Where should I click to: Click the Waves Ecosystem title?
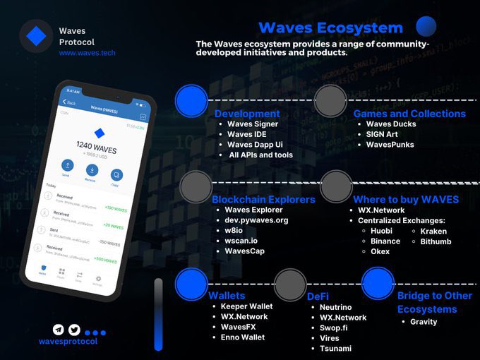click(x=330, y=28)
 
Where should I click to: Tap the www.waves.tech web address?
click(x=87, y=53)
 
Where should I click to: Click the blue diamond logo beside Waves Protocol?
click(x=36, y=36)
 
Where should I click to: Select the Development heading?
click(x=247, y=114)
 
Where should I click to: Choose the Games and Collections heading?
click(x=409, y=114)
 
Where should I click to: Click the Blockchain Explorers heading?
click(x=263, y=199)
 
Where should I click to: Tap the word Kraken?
click(x=433, y=231)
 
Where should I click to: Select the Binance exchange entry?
click(x=385, y=241)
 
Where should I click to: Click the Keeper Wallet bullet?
click(x=246, y=306)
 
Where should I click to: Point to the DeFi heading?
click(x=318, y=296)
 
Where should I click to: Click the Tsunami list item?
click(x=335, y=348)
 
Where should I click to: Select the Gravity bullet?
click(x=424, y=322)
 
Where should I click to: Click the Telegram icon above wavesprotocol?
click(x=58, y=330)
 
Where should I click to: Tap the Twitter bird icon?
click(x=74, y=330)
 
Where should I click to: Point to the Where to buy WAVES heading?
click(x=406, y=199)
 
